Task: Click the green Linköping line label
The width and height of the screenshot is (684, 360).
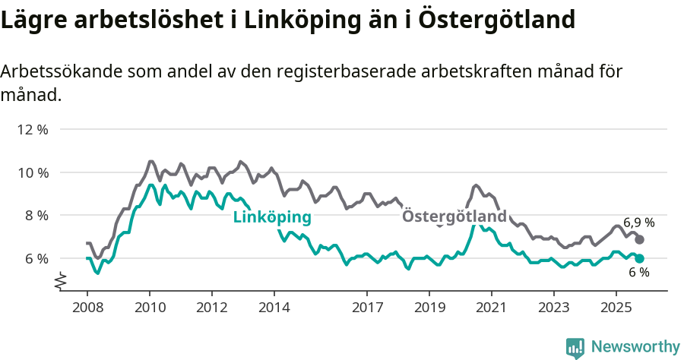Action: (x=272, y=217)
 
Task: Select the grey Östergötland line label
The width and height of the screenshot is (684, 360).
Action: (x=454, y=216)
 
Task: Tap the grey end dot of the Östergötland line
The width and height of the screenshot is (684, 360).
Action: (x=640, y=239)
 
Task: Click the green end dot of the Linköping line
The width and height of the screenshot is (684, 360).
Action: (x=640, y=258)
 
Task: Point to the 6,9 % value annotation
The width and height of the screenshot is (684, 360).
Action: (x=639, y=223)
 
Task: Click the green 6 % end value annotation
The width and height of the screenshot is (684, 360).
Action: (x=638, y=273)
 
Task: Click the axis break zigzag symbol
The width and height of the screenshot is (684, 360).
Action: (x=62, y=283)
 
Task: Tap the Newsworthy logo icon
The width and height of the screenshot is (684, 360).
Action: (x=575, y=347)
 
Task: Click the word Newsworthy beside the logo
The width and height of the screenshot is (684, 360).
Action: (x=635, y=347)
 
